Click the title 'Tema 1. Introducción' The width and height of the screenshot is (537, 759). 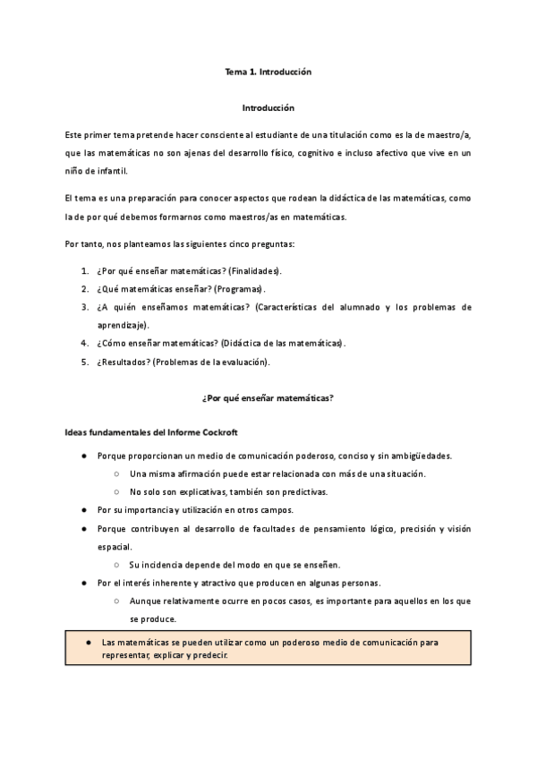click(x=268, y=70)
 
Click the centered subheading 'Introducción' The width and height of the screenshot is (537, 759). click(x=268, y=107)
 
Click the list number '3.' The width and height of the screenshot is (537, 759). click(x=84, y=307)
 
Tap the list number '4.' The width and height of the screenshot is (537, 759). click(x=84, y=344)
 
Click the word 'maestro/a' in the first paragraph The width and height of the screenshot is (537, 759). click(x=452, y=134)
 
